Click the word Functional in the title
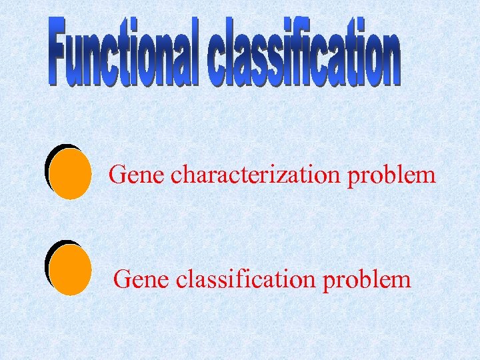coord(124,52)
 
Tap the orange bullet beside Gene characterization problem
coord(70,174)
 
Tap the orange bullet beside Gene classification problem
coord(70,270)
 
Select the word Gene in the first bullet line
coord(137,176)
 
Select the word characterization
coord(255,176)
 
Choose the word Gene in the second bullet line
coord(142,279)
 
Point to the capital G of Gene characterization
coord(118,175)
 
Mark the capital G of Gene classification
coord(123,279)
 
